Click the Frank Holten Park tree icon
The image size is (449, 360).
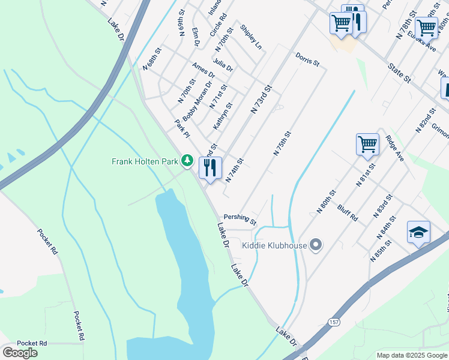tap(188, 161)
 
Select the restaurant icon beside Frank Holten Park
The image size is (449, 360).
tap(210, 167)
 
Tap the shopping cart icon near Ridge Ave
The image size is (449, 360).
tap(367, 144)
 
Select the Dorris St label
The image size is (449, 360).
tap(307, 59)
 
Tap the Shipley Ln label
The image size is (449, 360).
tap(251, 37)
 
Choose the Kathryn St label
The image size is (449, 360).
tap(223, 116)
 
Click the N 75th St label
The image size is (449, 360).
tap(282, 143)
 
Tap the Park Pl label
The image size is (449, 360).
tap(182, 127)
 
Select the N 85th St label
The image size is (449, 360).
tap(381, 250)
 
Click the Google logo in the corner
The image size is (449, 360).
tap(20, 352)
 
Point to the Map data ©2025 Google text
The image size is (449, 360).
tap(411, 355)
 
